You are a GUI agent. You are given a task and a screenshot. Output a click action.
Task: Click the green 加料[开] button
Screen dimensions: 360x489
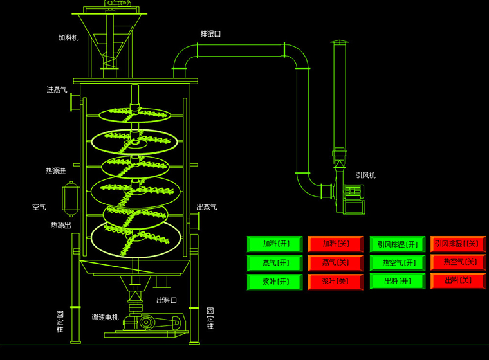coord(275,244)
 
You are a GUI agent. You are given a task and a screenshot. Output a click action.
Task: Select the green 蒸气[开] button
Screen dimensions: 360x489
coord(275,263)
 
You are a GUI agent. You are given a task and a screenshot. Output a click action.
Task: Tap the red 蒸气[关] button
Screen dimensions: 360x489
coord(335,263)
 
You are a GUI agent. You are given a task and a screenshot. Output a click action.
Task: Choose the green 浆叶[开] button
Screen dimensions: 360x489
coord(275,282)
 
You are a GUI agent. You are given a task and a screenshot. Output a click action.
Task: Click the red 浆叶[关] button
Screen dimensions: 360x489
coord(335,282)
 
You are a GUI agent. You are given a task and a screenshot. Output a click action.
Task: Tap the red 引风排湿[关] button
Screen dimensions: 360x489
coord(457,244)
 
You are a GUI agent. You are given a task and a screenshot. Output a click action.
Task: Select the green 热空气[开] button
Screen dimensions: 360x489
coord(398,262)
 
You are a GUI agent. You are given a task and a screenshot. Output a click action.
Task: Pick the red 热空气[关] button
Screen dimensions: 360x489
coord(457,262)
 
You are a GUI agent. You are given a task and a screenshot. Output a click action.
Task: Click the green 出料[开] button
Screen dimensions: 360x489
coord(398,281)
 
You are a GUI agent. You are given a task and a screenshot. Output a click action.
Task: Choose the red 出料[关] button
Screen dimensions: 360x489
coord(457,281)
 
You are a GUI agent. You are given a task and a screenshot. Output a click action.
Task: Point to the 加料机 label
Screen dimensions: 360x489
coord(68,38)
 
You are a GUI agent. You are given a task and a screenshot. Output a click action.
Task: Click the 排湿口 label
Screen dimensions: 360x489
coord(210,33)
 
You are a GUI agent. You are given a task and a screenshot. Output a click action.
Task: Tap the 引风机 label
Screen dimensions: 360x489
coord(365,175)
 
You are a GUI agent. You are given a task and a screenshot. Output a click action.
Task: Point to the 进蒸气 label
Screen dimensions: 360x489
coord(57,90)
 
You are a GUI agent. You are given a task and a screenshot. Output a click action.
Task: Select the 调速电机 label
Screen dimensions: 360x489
coord(105,317)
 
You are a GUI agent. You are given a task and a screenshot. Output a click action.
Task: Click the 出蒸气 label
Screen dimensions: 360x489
coord(207,207)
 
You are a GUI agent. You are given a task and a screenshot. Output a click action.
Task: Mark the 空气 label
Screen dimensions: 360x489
coord(39,207)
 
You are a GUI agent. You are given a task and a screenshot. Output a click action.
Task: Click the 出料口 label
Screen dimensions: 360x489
coord(166,300)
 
